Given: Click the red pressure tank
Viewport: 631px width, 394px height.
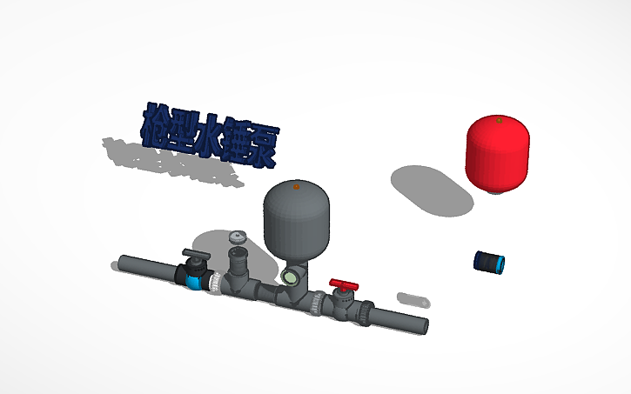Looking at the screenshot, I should click(x=497, y=154).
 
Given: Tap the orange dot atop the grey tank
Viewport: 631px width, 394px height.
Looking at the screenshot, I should click(x=297, y=185).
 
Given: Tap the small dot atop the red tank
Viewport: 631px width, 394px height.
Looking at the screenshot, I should click(x=498, y=119).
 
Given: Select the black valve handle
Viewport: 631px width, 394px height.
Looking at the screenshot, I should click(x=196, y=255).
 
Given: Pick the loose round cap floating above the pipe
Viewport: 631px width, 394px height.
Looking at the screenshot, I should click(x=237, y=236).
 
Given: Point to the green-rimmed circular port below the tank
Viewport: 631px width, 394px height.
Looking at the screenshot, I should click(x=289, y=277).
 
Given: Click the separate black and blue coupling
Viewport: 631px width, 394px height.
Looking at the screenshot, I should click(x=491, y=262).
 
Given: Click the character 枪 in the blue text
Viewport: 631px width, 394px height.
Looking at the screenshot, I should click(x=157, y=123).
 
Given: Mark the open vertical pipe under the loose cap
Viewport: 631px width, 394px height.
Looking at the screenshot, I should click(x=238, y=261).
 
